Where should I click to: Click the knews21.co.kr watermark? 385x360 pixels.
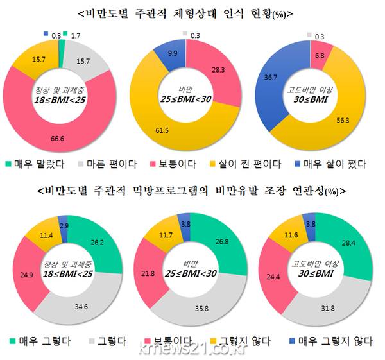tap(192, 350)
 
